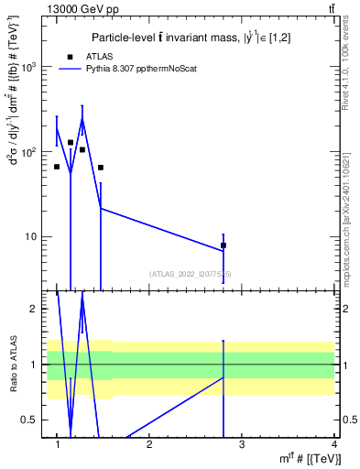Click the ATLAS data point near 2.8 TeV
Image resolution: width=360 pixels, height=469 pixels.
tap(224, 245)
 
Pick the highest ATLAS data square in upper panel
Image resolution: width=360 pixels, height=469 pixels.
tap(71, 142)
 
